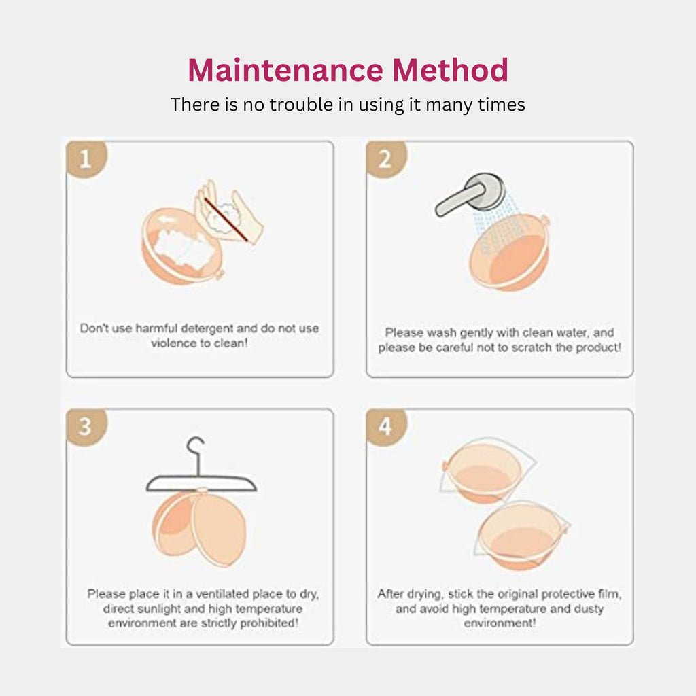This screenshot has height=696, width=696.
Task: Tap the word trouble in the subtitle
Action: [302, 105]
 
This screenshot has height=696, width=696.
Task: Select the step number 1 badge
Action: [86, 160]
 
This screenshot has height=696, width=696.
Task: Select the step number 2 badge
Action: [385, 160]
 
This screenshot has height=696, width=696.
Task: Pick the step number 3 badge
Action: [86, 427]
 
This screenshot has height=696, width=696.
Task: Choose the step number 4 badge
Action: [385, 427]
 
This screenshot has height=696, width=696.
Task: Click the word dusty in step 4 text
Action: [589, 609]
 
